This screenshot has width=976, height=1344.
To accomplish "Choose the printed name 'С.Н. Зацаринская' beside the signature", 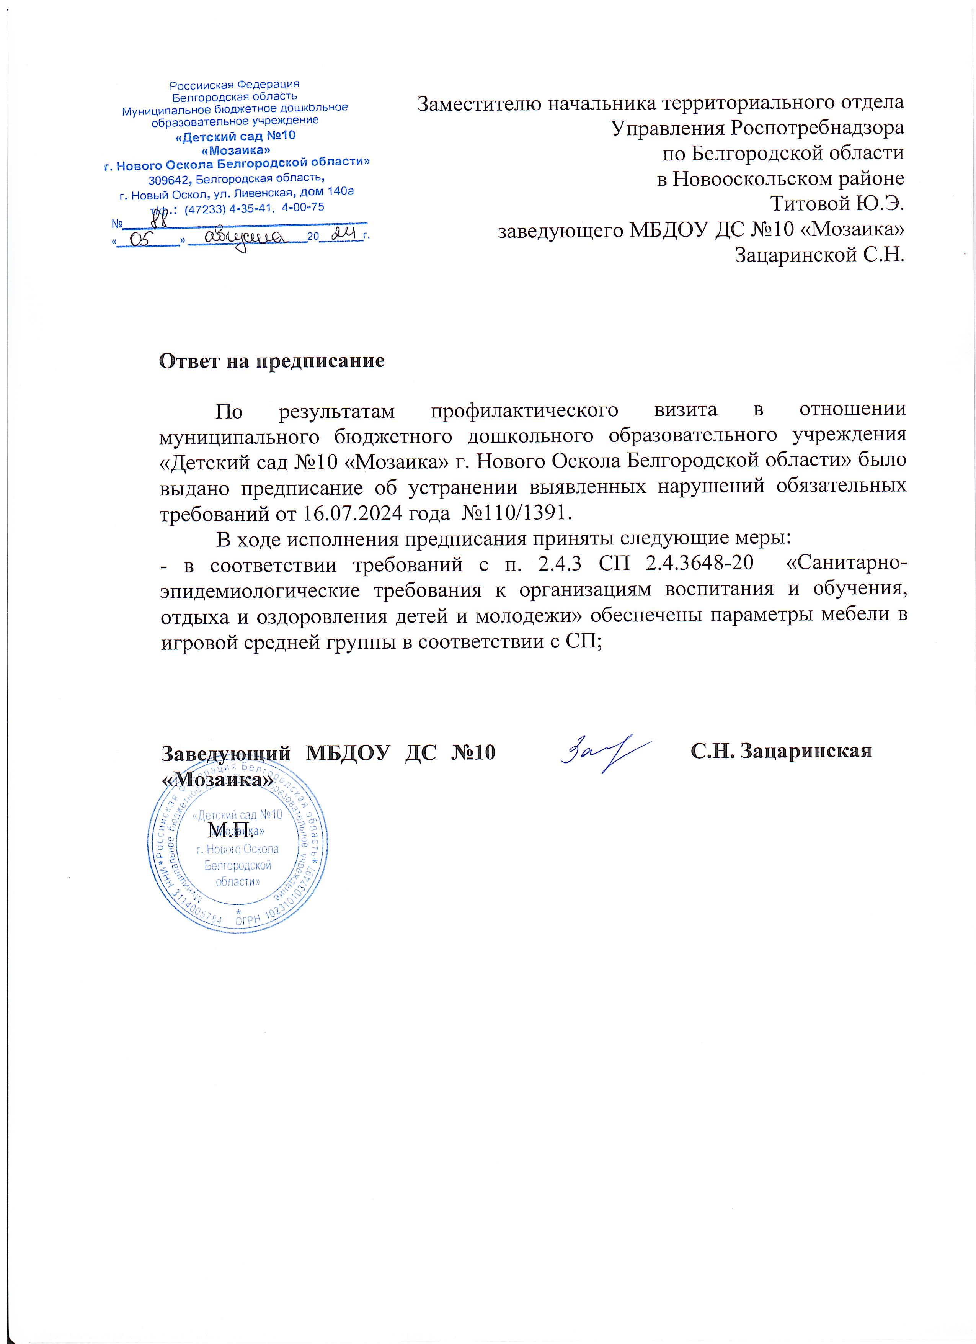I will point(781,751).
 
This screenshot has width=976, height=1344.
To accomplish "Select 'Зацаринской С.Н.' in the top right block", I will point(819,255).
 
